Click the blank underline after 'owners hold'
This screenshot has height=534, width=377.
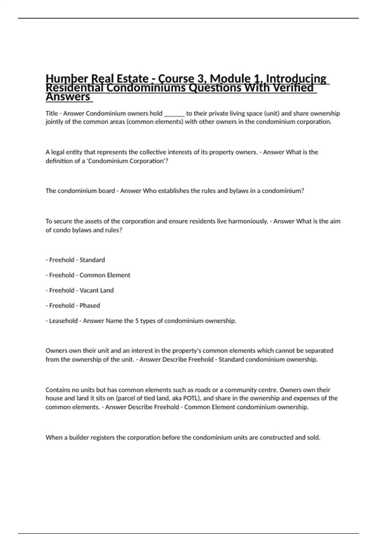coord(174,114)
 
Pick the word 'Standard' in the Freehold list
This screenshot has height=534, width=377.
coord(92,260)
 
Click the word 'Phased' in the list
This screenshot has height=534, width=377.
coord(90,306)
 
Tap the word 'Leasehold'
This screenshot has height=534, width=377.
coord(63,321)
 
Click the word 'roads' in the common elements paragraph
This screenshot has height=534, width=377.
coord(203,390)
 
